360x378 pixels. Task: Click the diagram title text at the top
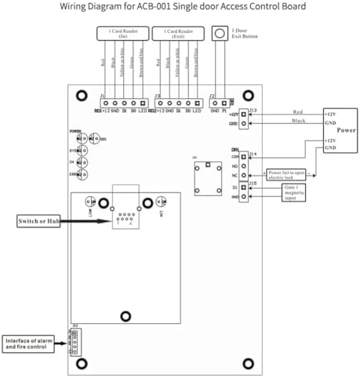click(180, 7)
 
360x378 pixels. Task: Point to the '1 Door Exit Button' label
click(245, 34)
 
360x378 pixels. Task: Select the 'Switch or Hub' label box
click(39, 222)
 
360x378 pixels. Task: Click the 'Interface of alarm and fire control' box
click(30, 343)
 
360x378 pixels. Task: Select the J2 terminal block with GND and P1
click(220, 103)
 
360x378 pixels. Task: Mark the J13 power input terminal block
click(244, 118)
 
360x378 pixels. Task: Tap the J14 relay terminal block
click(245, 165)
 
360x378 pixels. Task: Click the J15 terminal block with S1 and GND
click(245, 193)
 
